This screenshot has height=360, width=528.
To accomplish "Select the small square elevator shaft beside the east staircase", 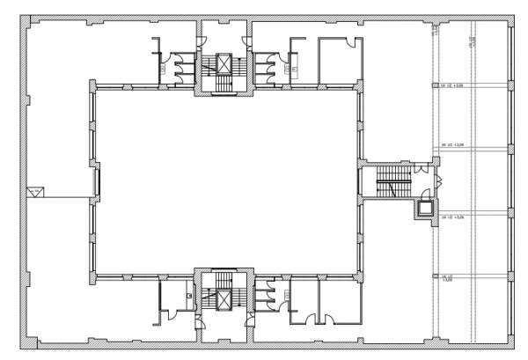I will point(426,208).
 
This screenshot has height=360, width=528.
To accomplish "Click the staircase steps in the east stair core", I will point(387,186).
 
